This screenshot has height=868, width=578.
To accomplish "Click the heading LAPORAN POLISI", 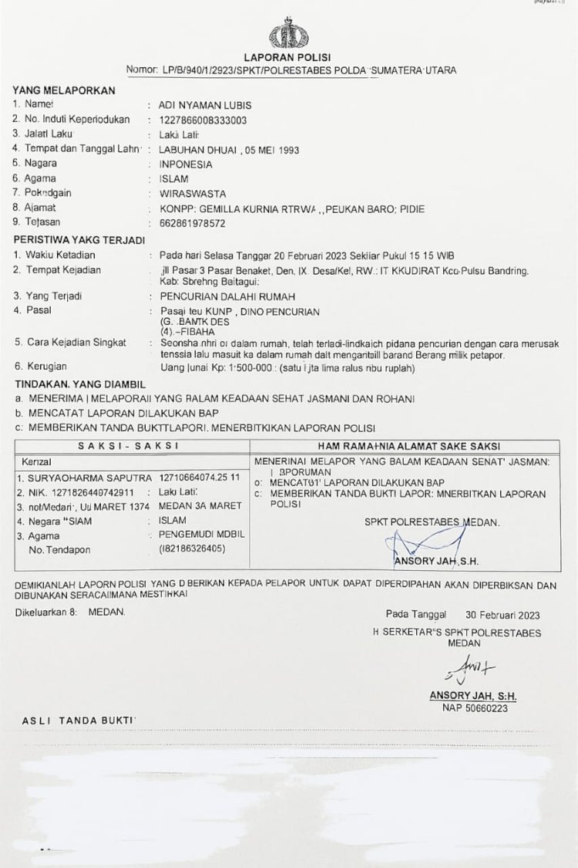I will click(287, 58).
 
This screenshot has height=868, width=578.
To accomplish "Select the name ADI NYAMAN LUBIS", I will click(204, 105).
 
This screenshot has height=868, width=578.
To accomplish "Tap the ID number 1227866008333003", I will click(203, 120).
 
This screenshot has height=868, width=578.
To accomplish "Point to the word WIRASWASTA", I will click(188, 193).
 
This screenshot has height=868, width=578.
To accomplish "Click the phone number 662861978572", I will click(192, 223).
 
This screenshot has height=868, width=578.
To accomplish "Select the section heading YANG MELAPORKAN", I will click(63, 90).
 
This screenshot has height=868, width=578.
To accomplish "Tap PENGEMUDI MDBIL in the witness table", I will click(202, 535).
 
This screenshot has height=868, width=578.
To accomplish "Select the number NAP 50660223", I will click(474, 708).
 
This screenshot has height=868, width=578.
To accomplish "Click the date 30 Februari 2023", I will click(502, 615).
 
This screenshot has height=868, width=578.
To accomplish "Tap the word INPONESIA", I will click(186, 164).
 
